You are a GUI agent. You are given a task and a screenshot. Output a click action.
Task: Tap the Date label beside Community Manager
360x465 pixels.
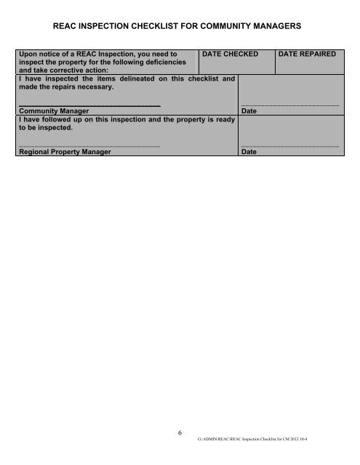point(248,111)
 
